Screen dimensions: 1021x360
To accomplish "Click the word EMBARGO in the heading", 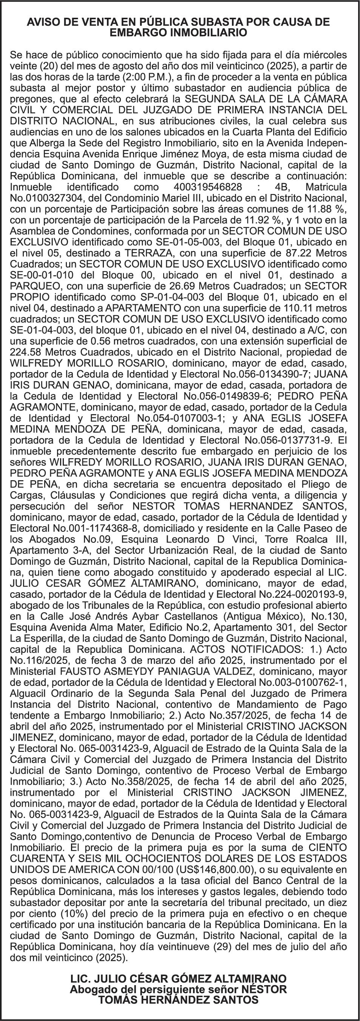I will point(135,33).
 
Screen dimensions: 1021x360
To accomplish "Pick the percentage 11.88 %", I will point(328,208).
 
